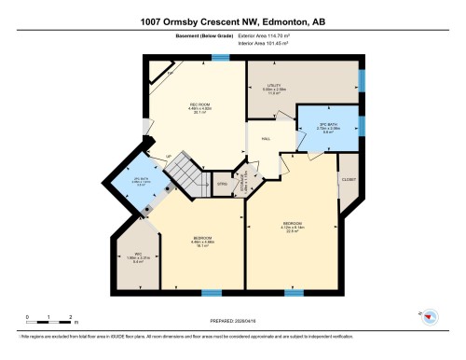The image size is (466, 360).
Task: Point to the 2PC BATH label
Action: [141, 179]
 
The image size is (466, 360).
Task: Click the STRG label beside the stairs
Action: [222, 184]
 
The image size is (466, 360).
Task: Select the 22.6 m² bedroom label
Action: [292, 224]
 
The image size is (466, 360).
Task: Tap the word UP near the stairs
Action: [168, 156]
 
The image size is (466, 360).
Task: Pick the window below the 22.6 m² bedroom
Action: [295, 292]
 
